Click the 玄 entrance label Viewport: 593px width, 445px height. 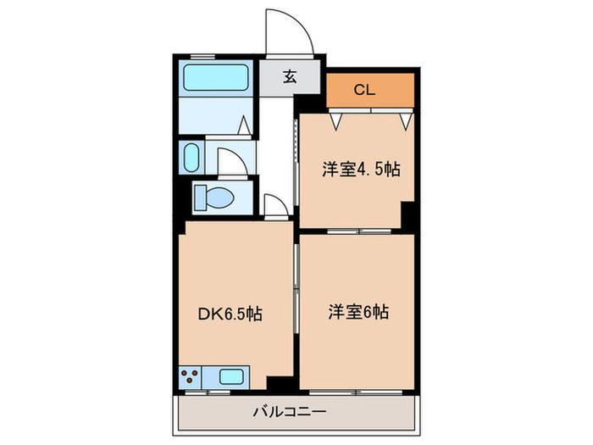click(x=290, y=77)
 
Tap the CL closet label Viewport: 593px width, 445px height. click(x=364, y=89)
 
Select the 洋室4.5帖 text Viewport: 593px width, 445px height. click(x=360, y=170)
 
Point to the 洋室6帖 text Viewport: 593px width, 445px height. click(x=358, y=312)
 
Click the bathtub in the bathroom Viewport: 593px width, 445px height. click(x=215, y=79)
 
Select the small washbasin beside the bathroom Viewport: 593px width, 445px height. click(x=192, y=158)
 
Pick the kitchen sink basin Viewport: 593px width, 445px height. click(x=230, y=376)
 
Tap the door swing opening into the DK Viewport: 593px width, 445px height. click(x=275, y=205)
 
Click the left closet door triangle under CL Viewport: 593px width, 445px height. click(x=337, y=121)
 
